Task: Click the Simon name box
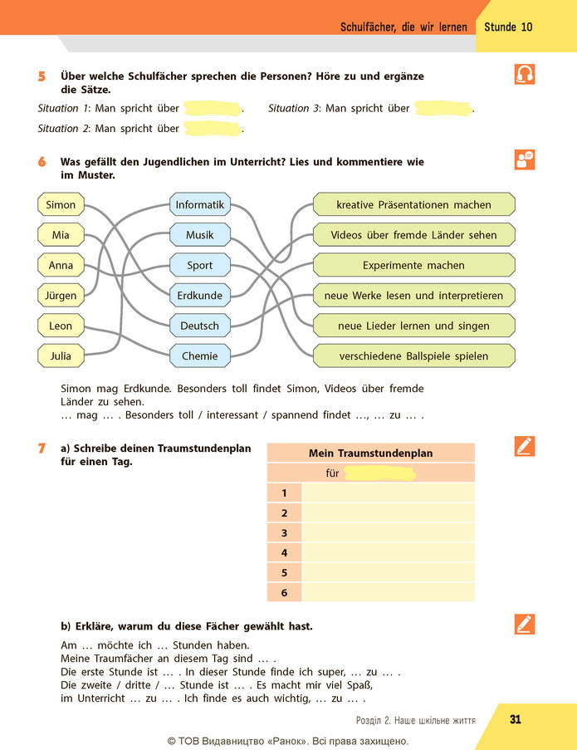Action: pyautogui.click(x=61, y=204)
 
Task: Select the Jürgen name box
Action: pyautogui.click(x=61, y=296)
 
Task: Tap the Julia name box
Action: pyautogui.click(x=61, y=355)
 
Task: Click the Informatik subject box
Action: pyautogui.click(x=200, y=204)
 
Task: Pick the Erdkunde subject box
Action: pyautogui.click(x=200, y=296)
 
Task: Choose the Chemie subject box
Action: pyautogui.click(x=200, y=355)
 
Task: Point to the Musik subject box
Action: pyautogui.click(x=200, y=235)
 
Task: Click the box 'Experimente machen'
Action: pyautogui.click(x=414, y=265)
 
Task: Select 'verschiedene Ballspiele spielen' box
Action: pyautogui.click(x=414, y=355)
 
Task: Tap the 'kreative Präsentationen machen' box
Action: pyautogui.click(x=414, y=204)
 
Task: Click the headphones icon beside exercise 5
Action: pyautogui.click(x=525, y=74)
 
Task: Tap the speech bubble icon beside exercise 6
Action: pyautogui.click(x=525, y=159)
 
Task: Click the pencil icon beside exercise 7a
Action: pyautogui.click(x=525, y=446)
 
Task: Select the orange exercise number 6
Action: pyautogui.click(x=42, y=162)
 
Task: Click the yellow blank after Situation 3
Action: pyautogui.click(x=443, y=109)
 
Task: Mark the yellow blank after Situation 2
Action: pyautogui.click(x=213, y=129)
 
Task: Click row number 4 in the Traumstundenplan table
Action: pyautogui.click(x=285, y=553)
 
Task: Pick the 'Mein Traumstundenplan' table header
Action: pyautogui.click(x=370, y=453)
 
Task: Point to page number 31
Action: pyautogui.click(x=516, y=719)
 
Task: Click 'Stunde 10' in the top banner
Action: pyautogui.click(x=508, y=27)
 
